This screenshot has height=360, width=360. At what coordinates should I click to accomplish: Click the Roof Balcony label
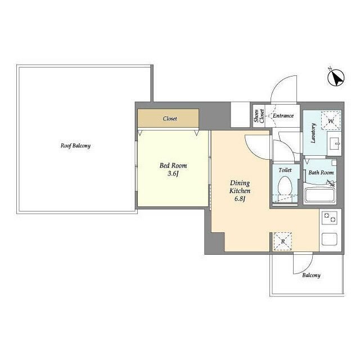[x=75, y=146]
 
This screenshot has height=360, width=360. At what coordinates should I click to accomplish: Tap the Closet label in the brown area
[x=170, y=119]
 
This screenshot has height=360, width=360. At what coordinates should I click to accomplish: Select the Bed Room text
[x=173, y=165]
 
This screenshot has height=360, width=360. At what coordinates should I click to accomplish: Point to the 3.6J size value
[x=173, y=174]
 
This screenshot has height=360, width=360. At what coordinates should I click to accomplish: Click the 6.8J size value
[x=240, y=199]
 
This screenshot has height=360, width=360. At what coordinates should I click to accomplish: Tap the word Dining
[x=240, y=183]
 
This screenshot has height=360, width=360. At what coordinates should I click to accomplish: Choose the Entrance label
[x=283, y=116]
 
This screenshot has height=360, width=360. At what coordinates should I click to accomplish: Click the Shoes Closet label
[x=259, y=116]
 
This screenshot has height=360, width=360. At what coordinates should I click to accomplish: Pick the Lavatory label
[x=313, y=133]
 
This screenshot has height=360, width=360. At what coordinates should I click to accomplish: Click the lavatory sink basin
[x=334, y=143]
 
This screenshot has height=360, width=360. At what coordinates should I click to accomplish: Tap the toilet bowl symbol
[x=285, y=186]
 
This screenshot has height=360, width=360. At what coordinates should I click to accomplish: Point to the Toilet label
[x=285, y=170]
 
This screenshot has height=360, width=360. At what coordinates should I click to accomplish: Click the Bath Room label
[x=321, y=173]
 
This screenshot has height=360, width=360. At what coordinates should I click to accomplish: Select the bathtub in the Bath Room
[x=320, y=195]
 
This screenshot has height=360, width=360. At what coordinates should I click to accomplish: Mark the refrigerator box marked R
[x=283, y=241]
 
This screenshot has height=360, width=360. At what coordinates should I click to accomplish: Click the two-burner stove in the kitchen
[x=330, y=218]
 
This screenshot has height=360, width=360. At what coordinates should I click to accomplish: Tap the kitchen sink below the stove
[x=330, y=239]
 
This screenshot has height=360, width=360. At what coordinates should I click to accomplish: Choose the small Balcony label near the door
[x=311, y=275]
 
